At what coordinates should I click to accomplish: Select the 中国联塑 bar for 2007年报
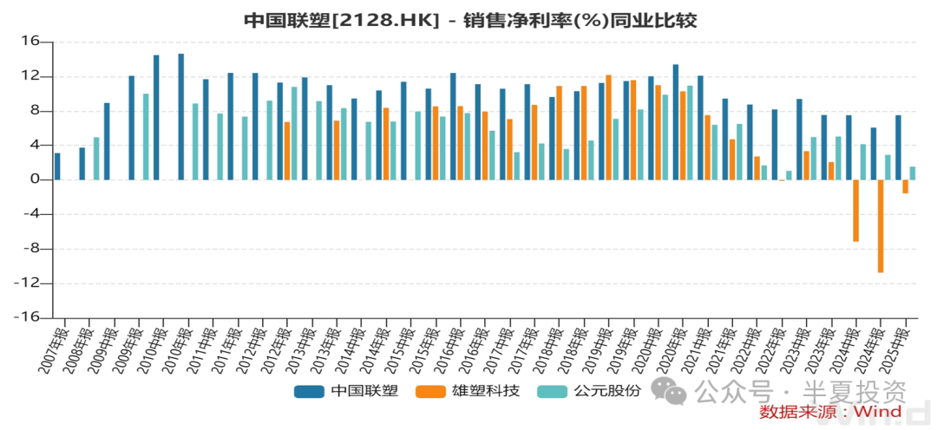(x=57, y=166)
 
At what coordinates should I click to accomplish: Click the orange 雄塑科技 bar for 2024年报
(x=881, y=226)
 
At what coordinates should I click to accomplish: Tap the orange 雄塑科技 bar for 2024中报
(x=855, y=211)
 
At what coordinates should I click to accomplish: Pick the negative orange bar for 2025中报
(x=905, y=186)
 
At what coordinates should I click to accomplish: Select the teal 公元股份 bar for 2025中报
(x=913, y=173)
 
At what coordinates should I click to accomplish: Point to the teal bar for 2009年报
(x=146, y=137)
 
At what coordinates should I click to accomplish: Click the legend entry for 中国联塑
(x=346, y=391)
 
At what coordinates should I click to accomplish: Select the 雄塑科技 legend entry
(x=468, y=391)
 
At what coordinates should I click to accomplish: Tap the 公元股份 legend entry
(x=590, y=391)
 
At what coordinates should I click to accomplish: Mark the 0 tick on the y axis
(x=36, y=180)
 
